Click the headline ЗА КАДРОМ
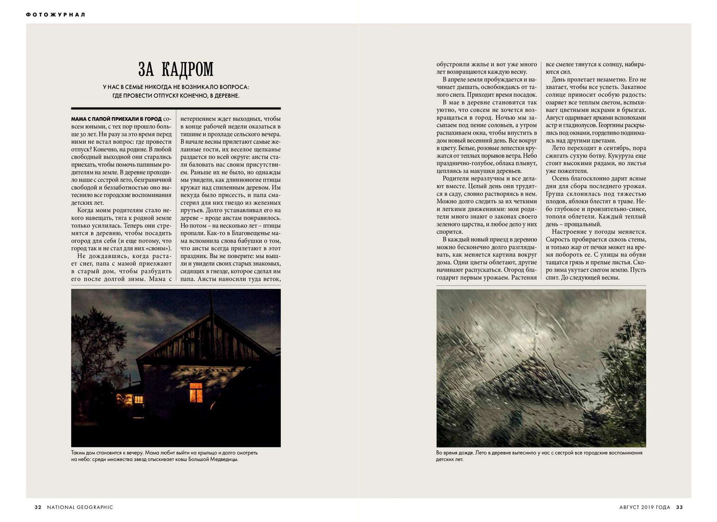tap(176, 69)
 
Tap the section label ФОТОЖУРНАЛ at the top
tap(55, 15)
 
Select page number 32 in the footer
tap(38, 507)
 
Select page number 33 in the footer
tap(680, 507)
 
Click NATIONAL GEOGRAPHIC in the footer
tap(80, 507)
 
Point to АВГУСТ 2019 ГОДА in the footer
tap(644, 507)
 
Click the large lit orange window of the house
tap(196, 392)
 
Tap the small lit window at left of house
tap(138, 400)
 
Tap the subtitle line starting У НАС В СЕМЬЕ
tap(176, 87)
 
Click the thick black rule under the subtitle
tap(176, 108)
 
